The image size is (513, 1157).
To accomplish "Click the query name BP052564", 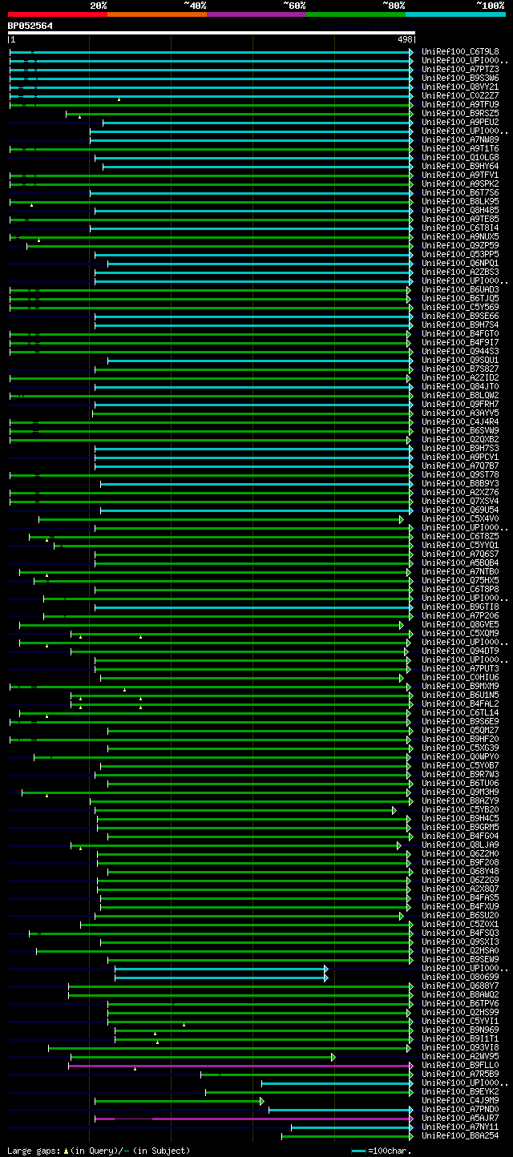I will click(x=30, y=26).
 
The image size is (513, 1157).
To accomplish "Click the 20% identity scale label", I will click(x=98, y=5).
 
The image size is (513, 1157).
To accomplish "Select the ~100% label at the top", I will click(x=490, y=5).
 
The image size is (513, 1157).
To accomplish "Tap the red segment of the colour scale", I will click(x=57, y=14).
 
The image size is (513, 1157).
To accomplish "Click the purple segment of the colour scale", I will click(x=256, y=14).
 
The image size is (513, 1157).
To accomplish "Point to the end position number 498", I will click(x=404, y=38).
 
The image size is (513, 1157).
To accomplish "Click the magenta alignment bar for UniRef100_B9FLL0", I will click(x=240, y=1066).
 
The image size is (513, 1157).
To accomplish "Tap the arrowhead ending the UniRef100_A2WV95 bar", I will click(x=333, y=1057).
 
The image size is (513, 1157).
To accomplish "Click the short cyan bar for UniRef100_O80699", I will click(x=220, y=978).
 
